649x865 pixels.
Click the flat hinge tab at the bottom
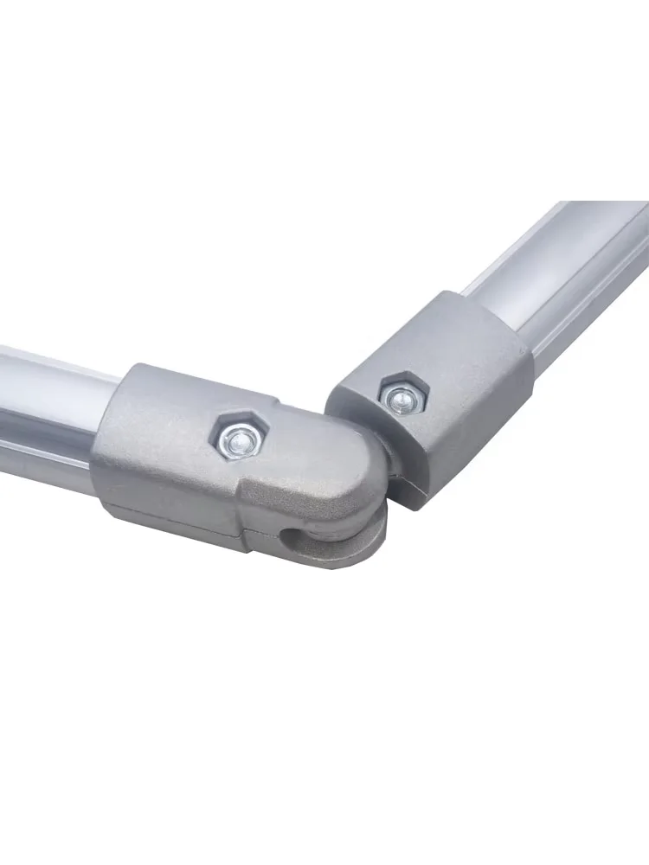coord(346,554)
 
